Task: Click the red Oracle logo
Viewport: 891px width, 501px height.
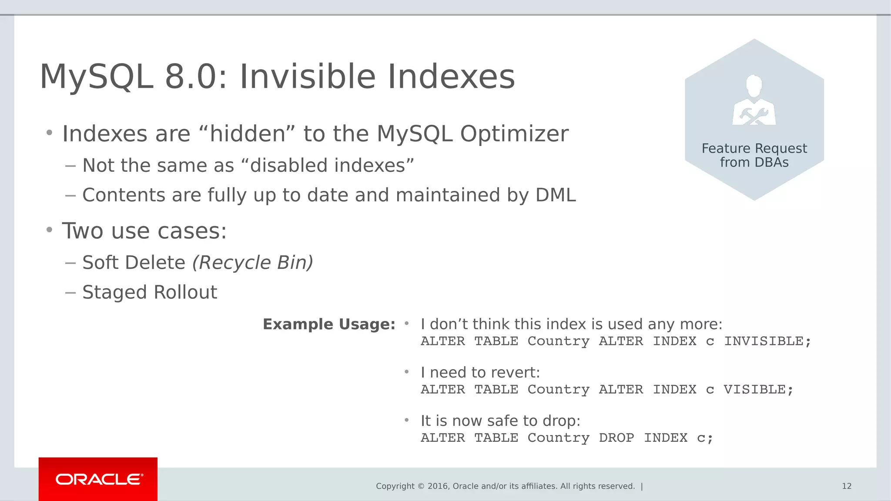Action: coord(98,479)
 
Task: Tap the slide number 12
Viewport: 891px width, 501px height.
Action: coord(847,486)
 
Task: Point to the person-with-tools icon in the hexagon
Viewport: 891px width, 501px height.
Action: coord(754,101)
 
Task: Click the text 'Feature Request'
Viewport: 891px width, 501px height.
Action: coord(754,148)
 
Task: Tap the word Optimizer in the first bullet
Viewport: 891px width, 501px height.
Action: coord(514,134)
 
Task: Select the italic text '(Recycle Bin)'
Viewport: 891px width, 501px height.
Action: coord(252,263)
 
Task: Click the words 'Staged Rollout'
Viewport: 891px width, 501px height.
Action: coord(150,292)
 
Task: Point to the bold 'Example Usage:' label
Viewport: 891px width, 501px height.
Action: coord(329,324)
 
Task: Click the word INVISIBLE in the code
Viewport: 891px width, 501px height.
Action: coord(764,341)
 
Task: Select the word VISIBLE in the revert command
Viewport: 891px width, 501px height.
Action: coord(754,390)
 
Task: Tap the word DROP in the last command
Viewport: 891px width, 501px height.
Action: coord(616,438)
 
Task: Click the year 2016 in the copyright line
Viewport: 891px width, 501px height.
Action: coord(438,486)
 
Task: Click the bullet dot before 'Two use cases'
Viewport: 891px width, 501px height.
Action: coord(50,229)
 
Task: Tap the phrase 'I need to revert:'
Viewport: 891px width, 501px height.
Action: coord(480,373)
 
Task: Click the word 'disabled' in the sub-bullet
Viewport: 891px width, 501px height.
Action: coord(288,166)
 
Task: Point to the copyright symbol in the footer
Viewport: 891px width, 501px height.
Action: coord(421,486)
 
